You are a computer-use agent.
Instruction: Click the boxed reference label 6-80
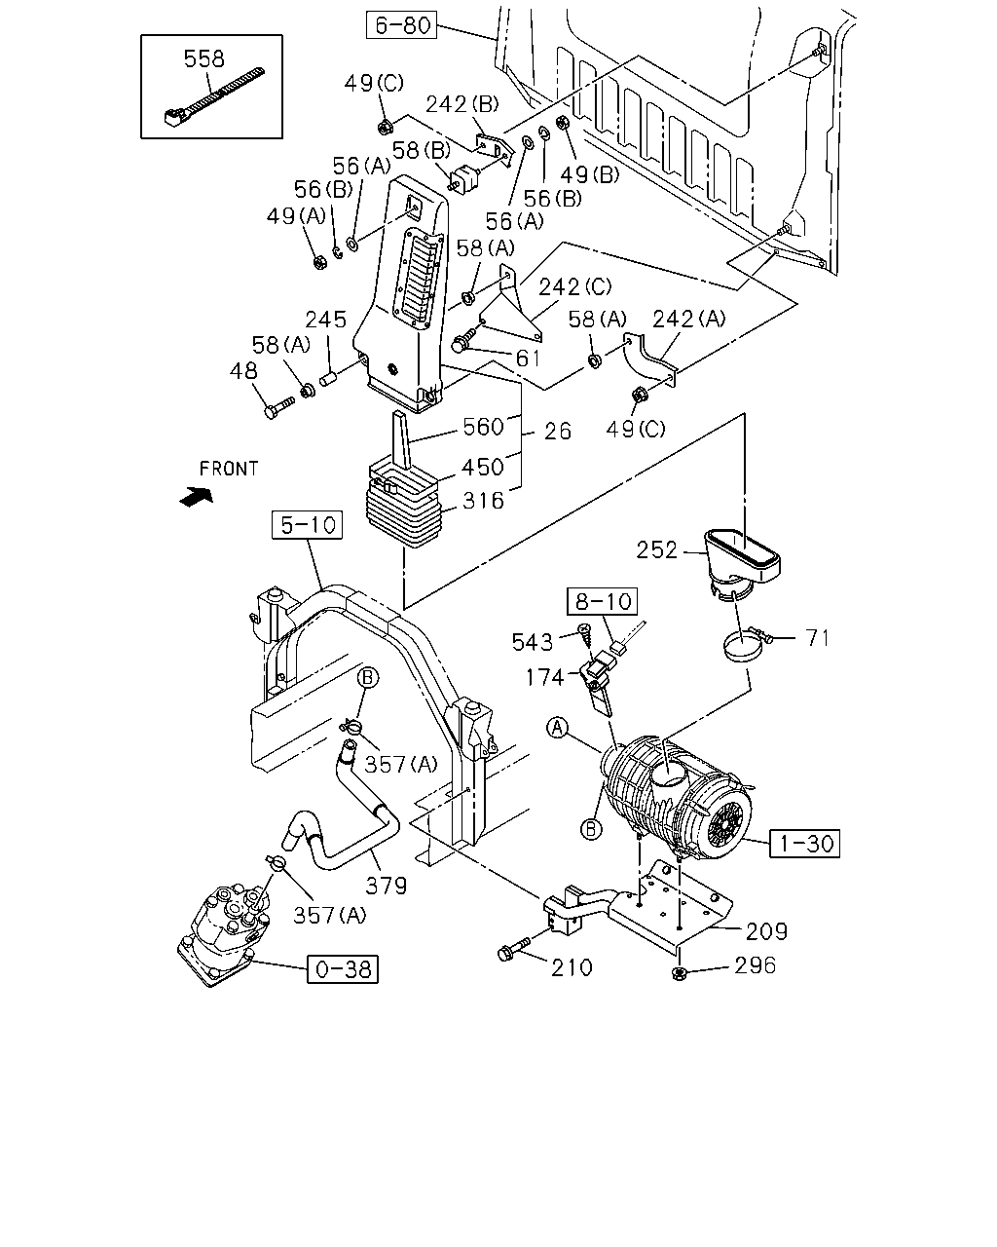(x=401, y=25)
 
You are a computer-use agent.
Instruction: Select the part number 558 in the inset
(x=203, y=58)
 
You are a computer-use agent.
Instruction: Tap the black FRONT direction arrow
(x=197, y=496)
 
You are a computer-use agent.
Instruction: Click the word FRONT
(x=229, y=469)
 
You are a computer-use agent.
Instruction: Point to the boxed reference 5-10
(x=307, y=525)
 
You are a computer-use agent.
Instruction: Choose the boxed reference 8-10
(x=602, y=601)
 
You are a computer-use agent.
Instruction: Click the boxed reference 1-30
(x=804, y=843)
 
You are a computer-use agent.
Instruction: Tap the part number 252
(x=656, y=549)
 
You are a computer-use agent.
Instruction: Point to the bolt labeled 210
(x=514, y=949)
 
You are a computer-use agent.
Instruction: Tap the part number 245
(x=325, y=320)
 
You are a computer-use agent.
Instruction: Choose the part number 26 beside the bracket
(x=557, y=432)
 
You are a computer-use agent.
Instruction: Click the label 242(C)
(x=574, y=286)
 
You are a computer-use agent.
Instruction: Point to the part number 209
(x=766, y=931)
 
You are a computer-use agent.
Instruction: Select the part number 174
(x=544, y=677)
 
